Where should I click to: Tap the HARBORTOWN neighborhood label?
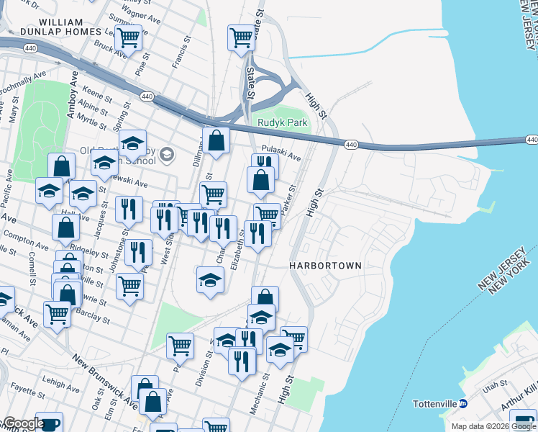point(325,266)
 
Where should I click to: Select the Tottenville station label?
point(435,404)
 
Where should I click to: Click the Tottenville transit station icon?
point(464,404)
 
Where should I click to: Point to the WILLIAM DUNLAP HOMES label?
point(70,27)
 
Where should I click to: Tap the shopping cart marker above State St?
point(242,37)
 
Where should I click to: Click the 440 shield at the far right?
point(532,139)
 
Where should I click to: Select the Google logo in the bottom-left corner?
point(23,423)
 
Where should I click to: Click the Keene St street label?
point(98,94)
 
